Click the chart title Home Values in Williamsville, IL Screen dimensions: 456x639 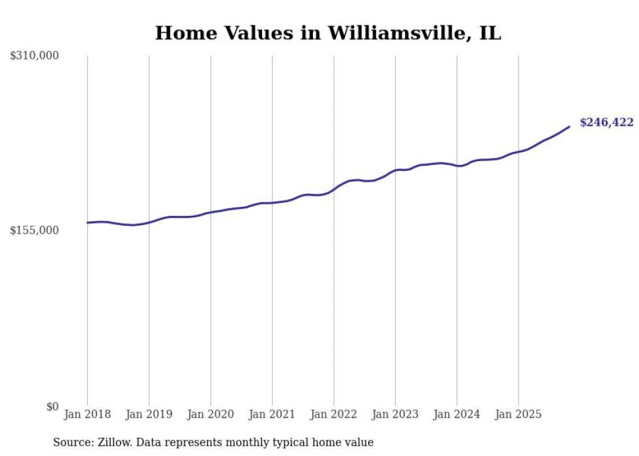pos(328,33)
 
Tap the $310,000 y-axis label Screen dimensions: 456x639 pos(34,56)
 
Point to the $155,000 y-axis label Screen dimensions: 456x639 pos(34,230)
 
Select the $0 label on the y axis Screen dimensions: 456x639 pos(52,406)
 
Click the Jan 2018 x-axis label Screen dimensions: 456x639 pos(87,414)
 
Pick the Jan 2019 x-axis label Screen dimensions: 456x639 pos(149,414)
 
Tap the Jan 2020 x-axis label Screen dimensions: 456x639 pos(211,414)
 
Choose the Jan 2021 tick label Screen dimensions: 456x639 pos(272,414)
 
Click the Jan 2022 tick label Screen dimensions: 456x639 pos(334,414)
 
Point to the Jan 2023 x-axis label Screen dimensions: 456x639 pos(395,414)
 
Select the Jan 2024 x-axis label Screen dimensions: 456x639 pos(457,414)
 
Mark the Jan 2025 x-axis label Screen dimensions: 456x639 pos(518,414)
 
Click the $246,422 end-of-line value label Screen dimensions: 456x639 pos(606,123)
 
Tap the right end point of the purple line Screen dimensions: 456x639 pos(569,127)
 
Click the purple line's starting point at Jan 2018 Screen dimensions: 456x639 pos(87,222)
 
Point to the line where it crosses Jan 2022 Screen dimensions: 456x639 pos(334,189)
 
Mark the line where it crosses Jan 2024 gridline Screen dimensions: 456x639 pos(457,166)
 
